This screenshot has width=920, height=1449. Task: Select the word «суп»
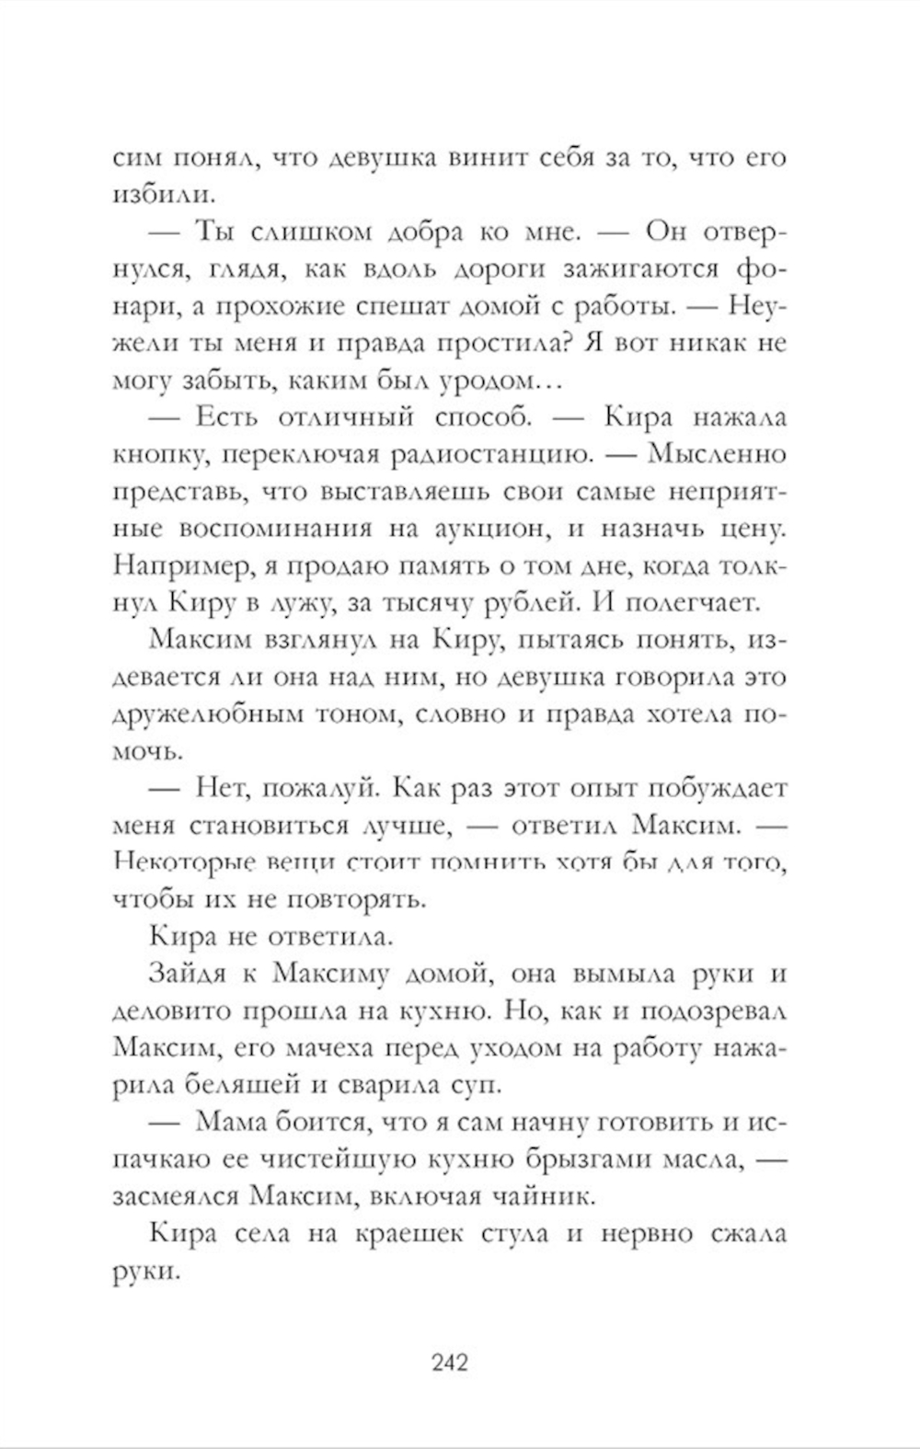[x=477, y=1086]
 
